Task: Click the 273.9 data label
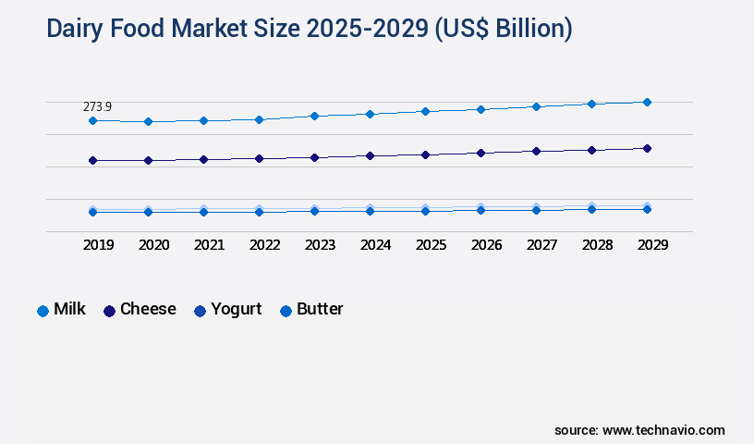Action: (97, 107)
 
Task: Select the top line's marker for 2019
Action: (92, 121)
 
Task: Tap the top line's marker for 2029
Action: (647, 102)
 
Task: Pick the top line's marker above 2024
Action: (370, 114)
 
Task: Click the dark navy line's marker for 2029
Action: (647, 148)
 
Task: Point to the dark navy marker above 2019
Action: (92, 160)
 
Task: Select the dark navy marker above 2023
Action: (314, 157)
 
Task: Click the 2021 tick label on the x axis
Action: (209, 245)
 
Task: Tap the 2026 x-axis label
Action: (486, 245)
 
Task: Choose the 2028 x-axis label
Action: (597, 245)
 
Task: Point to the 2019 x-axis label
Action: (98, 245)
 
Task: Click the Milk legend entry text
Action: (69, 310)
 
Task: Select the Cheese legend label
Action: (148, 310)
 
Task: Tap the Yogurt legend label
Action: (236, 310)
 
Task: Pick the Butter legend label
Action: (320, 310)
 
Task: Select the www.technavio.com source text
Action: (663, 430)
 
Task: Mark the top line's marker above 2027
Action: (536, 106)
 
